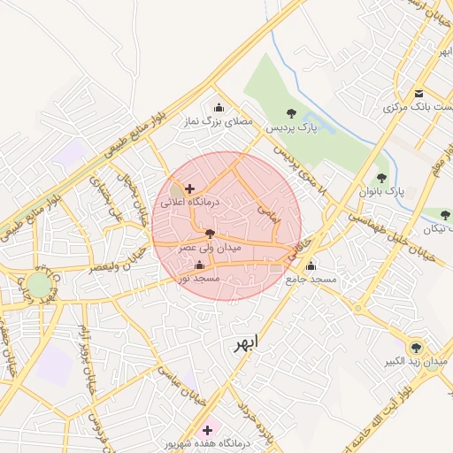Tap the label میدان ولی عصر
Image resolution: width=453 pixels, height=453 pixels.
pos(210,249)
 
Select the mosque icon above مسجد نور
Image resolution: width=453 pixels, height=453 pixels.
pos(198,265)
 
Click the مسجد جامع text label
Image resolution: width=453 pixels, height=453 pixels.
pos(311,280)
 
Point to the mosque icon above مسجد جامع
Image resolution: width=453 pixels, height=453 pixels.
pos(311,265)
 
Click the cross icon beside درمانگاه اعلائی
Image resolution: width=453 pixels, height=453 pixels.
pos(189,188)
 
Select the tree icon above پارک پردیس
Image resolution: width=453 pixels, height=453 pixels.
pos(291,112)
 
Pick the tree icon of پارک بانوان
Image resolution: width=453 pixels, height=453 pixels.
pos(381,178)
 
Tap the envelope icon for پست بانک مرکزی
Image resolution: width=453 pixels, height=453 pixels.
pos(418,94)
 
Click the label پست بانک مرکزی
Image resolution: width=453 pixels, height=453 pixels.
pos(414,107)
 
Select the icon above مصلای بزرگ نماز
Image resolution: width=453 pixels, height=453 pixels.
pos(219,107)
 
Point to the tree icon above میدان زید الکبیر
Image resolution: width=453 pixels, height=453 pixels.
pos(415,347)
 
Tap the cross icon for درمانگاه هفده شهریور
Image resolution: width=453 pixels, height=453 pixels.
pos(207,429)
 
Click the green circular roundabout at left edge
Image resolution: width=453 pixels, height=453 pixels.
pos(38,285)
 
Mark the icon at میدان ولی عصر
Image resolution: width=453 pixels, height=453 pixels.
pos(210,234)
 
